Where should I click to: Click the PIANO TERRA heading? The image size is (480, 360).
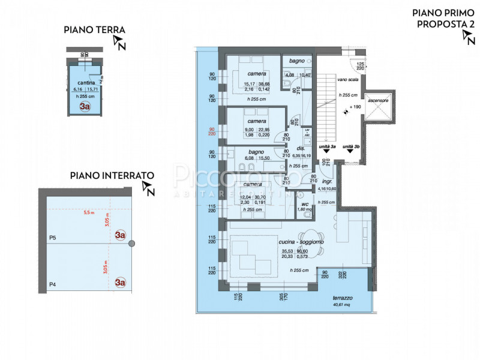click(95, 30)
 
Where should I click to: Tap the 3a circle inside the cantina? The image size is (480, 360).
click(85, 107)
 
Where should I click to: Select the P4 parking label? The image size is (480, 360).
click(52, 284)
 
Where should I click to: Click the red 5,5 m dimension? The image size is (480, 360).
click(89, 212)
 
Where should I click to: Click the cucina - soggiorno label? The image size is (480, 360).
click(301, 241)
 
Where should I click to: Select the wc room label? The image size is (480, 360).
click(304, 203)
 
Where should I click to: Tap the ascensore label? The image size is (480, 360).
click(379, 100)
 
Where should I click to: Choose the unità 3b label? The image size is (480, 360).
click(351, 146)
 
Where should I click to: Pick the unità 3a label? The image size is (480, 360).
click(326, 146)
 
